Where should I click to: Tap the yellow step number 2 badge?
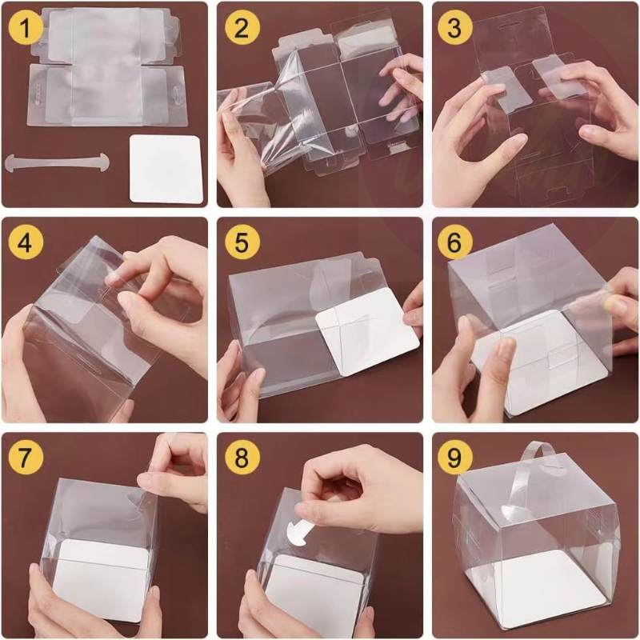point(242,29)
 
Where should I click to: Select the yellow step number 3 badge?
point(455,29)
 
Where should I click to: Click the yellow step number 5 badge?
point(242,243)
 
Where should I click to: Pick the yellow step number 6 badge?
point(455,243)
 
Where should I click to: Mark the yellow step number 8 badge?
point(242,458)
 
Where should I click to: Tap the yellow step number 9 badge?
point(455,458)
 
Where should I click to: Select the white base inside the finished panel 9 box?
point(544,584)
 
